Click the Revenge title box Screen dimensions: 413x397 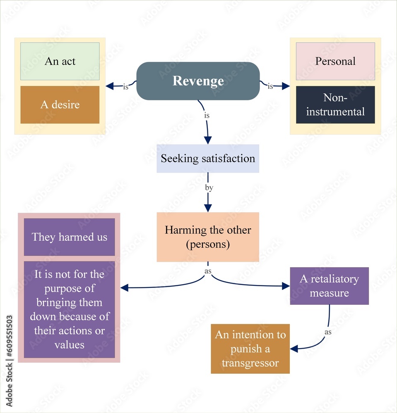tap(198, 81)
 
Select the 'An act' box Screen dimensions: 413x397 tap(60, 61)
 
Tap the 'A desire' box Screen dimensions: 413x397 tap(60, 104)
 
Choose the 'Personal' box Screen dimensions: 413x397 tap(335, 61)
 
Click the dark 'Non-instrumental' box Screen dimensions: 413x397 tap(335, 104)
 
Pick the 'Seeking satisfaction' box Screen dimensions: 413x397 tap(208, 159)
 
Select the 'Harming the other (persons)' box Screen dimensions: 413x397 tap(208, 237)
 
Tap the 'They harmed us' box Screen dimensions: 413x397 tap(69, 237)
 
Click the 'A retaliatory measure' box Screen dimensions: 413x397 tap(329, 286)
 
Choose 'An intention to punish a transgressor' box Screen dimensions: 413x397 tap(250, 349)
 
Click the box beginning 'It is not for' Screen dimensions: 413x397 tap(69, 309)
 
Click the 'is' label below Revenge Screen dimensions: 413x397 tap(207, 115)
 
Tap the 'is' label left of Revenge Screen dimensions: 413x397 tap(125, 87)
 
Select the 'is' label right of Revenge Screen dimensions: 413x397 tap(270, 86)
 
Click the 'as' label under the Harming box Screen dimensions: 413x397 tap(208, 271)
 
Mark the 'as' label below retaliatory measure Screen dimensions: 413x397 tap(328, 332)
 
